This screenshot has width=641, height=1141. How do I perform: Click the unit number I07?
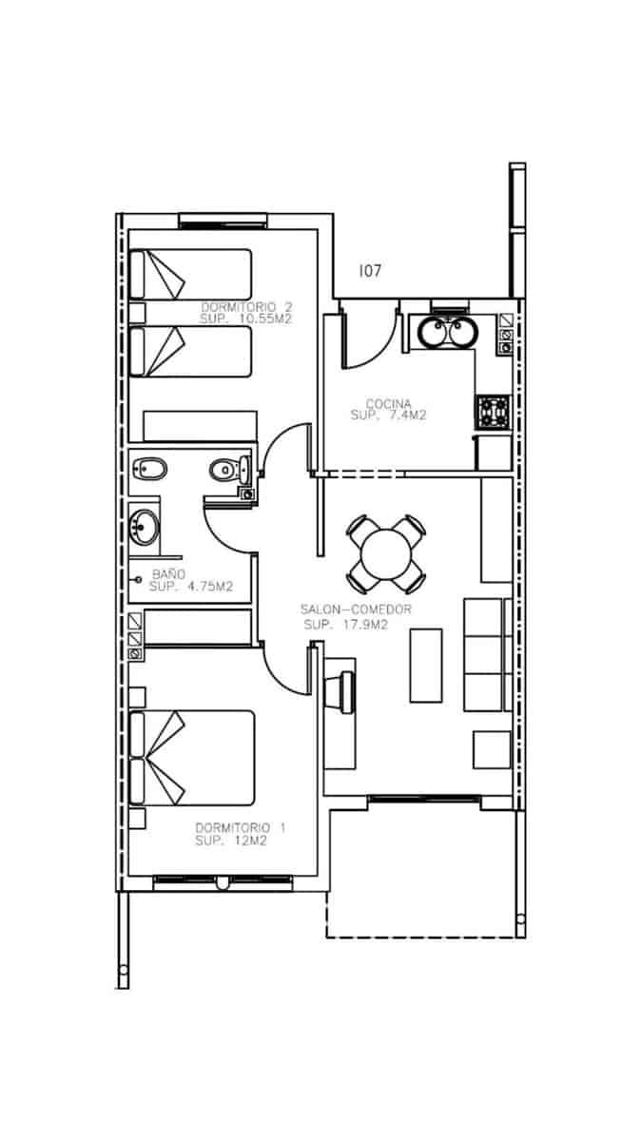click(370, 271)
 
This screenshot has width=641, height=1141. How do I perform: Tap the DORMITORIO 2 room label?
click(245, 307)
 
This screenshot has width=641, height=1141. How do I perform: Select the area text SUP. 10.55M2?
click(245, 320)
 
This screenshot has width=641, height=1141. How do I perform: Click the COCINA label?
click(380, 403)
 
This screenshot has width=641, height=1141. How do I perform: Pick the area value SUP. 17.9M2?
click(346, 625)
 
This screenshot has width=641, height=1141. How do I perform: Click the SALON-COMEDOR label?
click(356, 610)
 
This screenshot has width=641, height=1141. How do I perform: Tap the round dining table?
click(385, 552)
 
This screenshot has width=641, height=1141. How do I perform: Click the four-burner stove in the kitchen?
click(494, 412)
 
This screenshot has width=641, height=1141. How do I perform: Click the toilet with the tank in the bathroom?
click(228, 468)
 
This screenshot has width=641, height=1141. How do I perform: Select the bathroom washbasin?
click(146, 525)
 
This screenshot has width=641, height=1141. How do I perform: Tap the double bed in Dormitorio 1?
click(194, 758)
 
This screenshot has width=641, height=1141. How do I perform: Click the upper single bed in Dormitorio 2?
click(190, 275)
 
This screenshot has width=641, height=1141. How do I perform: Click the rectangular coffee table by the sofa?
click(425, 665)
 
